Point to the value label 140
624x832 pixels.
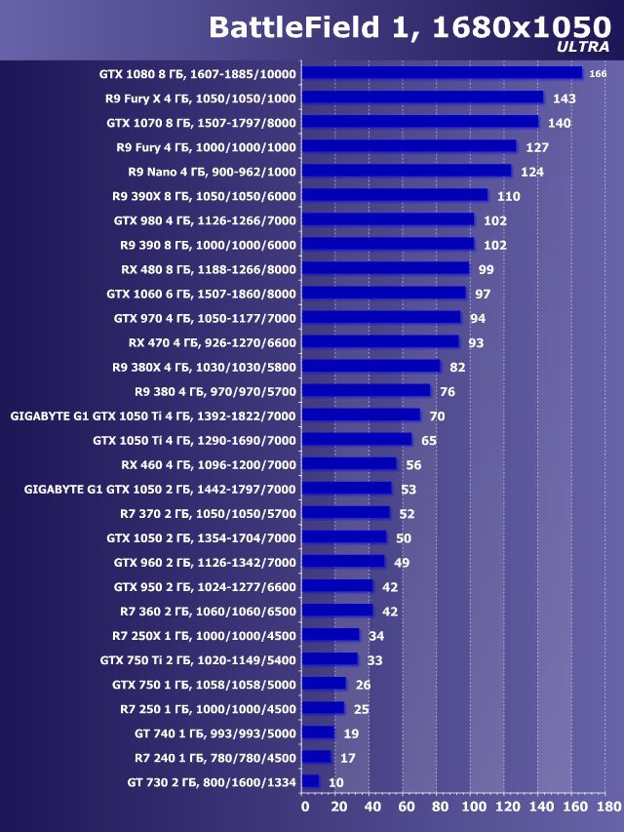pos(559,123)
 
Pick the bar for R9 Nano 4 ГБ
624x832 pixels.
pos(407,171)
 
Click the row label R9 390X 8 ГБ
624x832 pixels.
pos(205,196)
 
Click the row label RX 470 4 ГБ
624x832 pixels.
pos(213,342)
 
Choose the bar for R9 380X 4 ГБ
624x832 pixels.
pos(371,367)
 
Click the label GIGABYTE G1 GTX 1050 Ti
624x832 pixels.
pos(153,416)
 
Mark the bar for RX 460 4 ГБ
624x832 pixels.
pos(350,464)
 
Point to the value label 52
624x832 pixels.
pos(407,514)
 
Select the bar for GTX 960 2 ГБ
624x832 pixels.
pos(343,562)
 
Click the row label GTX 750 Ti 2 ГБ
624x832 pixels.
pos(198,659)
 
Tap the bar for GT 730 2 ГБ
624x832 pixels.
pos(311,781)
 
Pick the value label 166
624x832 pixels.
pos(599,74)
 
